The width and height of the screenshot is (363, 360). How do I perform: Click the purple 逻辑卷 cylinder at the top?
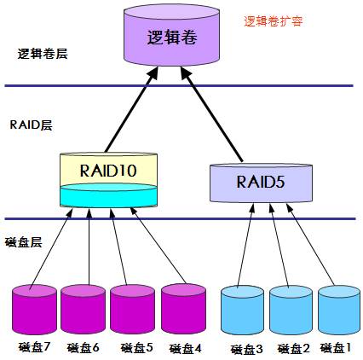(171, 36)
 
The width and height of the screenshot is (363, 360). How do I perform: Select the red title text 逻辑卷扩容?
(274, 21)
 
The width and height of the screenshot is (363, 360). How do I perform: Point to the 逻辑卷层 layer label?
(43, 54)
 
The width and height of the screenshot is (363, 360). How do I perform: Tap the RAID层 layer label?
(31, 125)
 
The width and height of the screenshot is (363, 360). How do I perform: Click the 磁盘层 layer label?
(24, 242)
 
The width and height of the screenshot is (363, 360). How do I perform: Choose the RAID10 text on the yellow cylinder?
(108, 171)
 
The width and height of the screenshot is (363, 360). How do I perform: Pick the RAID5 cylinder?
(261, 183)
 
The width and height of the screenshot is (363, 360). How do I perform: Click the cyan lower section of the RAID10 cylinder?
(108, 195)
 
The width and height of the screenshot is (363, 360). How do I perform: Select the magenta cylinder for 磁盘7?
(34, 310)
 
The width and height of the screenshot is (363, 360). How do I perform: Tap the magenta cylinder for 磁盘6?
(83, 310)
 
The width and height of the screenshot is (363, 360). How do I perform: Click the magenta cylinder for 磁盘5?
(132, 310)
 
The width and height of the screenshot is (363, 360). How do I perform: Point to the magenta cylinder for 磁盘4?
(183, 310)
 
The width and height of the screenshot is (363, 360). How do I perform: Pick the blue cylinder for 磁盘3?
(242, 310)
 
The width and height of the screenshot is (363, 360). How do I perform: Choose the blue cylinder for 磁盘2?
(291, 310)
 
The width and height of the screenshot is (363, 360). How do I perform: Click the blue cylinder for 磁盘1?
(339, 310)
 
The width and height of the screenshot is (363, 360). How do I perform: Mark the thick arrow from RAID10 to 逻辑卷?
(131, 110)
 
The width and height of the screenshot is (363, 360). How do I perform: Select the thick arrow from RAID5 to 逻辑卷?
(212, 114)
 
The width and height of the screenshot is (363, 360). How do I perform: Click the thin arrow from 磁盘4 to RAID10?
(158, 246)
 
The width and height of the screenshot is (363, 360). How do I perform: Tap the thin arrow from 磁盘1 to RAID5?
(311, 245)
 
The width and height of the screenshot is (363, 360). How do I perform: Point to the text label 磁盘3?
(247, 349)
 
